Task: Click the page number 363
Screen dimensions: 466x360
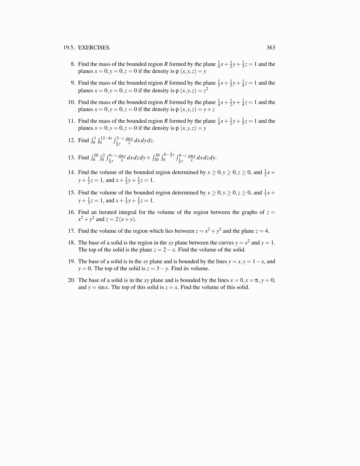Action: tap(271, 48)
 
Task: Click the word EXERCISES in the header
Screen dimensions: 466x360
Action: tap(94, 48)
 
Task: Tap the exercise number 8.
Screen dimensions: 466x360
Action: tap(73, 64)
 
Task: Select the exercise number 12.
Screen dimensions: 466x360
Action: tap(71, 140)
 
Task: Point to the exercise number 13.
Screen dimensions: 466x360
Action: tap(71, 157)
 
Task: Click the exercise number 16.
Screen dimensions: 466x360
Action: tap(71, 212)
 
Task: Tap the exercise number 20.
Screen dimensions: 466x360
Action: tap(71, 280)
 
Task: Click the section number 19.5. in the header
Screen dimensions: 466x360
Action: tap(69, 48)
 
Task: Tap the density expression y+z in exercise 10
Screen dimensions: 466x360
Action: tap(209, 109)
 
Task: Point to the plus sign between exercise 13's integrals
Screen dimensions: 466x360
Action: tap(149, 158)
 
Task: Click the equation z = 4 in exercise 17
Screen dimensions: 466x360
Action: tap(262, 231)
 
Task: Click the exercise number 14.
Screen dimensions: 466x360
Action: tap(71, 172)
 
